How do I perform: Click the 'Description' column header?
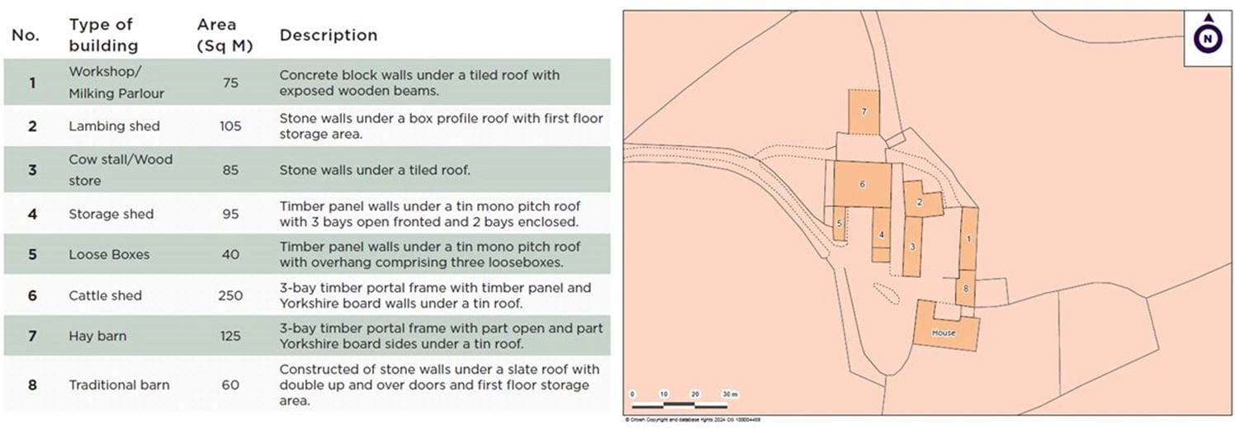click(x=328, y=35)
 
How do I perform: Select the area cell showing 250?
click(x=230, y=295)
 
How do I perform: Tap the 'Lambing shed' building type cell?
click(x=114, y=126)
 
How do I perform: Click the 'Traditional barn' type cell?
click(x=119, y=384)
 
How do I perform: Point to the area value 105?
click(x=230, y=126)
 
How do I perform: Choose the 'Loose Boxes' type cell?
click(x=109, y=254)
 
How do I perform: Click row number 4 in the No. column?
click(x=32, y=214)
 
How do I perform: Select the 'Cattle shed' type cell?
click(x=105, y=295)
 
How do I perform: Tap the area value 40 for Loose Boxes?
click(x=230, y=254)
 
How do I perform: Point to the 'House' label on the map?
click(x=944, y=333)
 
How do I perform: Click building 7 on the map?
click(x=864, y=111)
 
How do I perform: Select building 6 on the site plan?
click(x=862, y=184)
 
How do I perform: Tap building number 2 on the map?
click(x=918, y=200)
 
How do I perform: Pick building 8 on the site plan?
click(x=965, y=288)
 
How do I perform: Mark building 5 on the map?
click(x=839, y=224)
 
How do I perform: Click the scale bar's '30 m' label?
click(x=730, y=394)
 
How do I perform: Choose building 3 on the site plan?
click(x=912, y=247)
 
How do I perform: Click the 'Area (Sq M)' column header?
click(x=225, y=35)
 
